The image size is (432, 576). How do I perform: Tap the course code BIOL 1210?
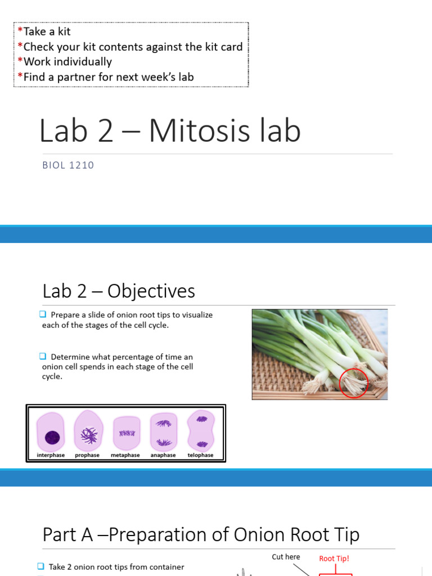click(x=68, y=165)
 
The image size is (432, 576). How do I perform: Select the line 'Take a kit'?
click(x=47, y=31)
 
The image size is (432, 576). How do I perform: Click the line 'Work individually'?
click(x=67, y=62)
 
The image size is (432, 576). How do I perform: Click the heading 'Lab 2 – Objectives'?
click(x=119, y=291)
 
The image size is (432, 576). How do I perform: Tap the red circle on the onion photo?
click(x=354, y=382)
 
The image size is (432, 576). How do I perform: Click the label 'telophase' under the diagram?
click(x=200, y=455)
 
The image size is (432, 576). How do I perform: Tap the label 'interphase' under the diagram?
click(x=51, y=455)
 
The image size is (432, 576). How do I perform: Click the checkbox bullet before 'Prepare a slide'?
click(x=44, y=315)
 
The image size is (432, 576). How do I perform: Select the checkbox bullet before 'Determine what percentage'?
click(x=44, y=357)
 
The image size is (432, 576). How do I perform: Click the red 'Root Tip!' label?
click(x=334, y=559)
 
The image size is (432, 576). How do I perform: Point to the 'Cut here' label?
click(x=286, y=557)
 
